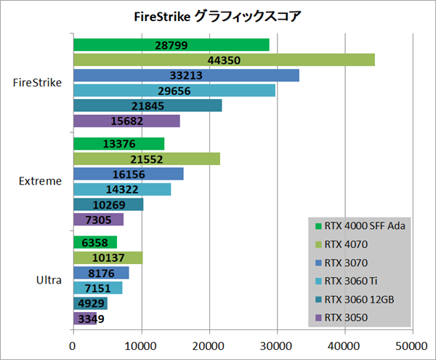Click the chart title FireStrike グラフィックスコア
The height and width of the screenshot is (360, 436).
coord(217,15)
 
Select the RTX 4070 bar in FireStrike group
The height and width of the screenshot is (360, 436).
coord(224,60)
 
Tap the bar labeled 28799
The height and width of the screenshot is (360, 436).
coord(171,44)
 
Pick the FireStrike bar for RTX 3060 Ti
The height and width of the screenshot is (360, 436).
coord(174,90)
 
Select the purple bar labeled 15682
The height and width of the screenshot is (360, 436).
coord(126,121)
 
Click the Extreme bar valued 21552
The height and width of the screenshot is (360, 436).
coord(146,159)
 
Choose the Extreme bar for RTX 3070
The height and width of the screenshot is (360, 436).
coord(128,174)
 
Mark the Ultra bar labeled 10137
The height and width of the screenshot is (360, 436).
coord(108,257)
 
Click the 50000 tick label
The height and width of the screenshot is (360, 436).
coord(411,344)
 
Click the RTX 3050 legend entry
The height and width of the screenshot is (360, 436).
coord(347,316)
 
